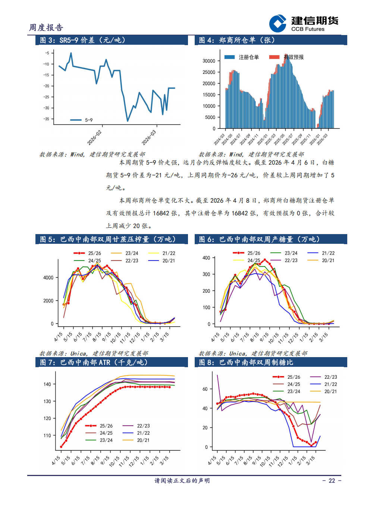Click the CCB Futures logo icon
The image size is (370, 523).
tap(278, 24)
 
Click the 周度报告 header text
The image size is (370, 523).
tap(46, 28)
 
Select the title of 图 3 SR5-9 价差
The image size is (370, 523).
tap(83, 40)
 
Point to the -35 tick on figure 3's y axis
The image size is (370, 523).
tap(46, 119)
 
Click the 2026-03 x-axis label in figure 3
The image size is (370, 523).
tap(149, 138)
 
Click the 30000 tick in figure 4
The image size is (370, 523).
tap(209, 61)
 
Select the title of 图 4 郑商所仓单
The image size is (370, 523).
tap(237, 40)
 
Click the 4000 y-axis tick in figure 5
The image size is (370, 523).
tap(48, 278)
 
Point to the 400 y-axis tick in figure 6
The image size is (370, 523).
tap(206, 258)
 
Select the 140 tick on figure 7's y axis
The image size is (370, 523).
tap(47, 384)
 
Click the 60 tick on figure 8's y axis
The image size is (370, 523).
tap(205, 389)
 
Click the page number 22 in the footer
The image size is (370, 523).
tap(332, 481)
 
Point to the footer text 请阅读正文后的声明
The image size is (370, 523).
tap(182, 481)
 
